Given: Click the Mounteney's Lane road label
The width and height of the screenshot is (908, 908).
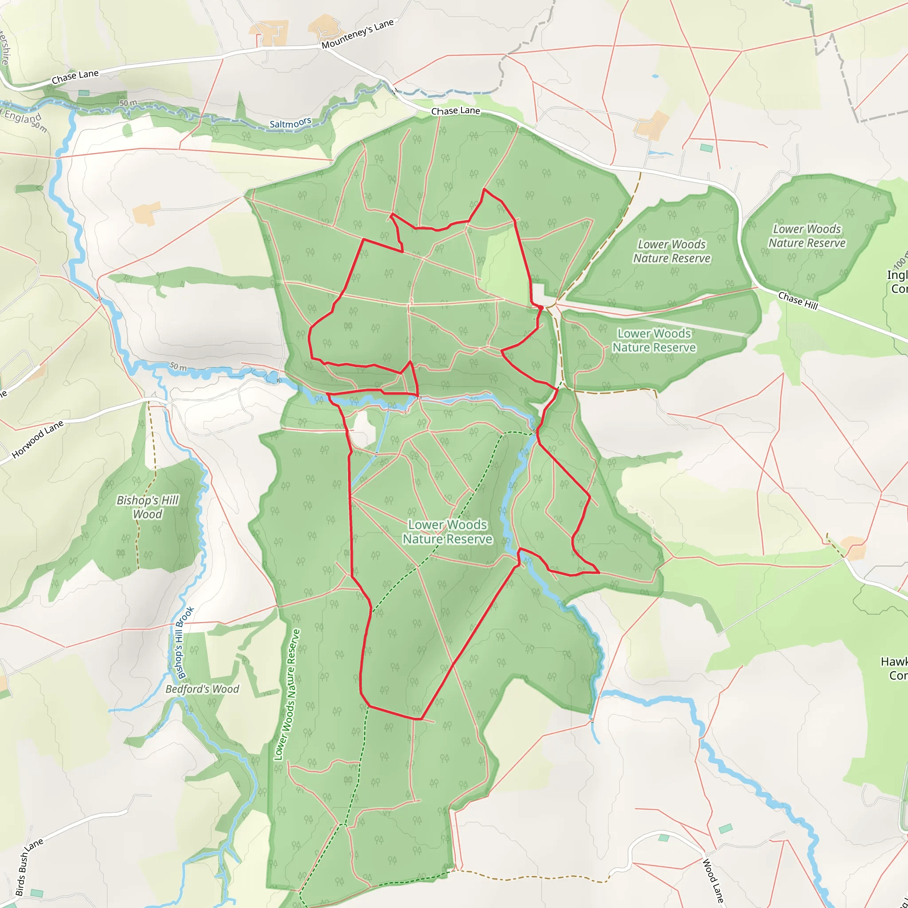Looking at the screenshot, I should point(357,34).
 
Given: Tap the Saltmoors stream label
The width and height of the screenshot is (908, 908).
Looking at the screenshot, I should point(290,123).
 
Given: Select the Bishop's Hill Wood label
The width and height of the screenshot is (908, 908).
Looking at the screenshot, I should point(147,507).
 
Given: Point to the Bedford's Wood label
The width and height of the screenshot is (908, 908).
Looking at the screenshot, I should point(202,689).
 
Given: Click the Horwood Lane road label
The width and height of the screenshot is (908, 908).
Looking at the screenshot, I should point(37,439).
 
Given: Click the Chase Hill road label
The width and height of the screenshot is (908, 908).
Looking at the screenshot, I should point(798,301).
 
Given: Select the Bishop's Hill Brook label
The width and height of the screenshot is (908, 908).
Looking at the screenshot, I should point(185,643).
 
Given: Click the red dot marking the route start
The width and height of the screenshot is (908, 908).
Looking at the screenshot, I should point(540,308).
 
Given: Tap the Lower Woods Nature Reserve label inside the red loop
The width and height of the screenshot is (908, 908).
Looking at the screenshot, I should point(447,532).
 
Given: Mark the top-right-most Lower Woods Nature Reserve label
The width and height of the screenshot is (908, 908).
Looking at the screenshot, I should point(806,236).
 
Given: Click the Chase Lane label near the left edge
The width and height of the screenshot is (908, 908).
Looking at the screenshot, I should point(75,77).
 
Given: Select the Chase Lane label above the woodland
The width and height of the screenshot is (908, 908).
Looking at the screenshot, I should point(455,111).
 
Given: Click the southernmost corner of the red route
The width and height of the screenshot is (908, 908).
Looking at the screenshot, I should point(420,719).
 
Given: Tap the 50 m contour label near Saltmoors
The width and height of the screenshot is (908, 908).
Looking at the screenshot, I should point(128,103).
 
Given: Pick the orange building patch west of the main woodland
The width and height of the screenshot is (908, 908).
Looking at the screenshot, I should point(146,213).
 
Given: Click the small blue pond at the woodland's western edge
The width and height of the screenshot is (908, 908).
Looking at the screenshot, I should point(272,377).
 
